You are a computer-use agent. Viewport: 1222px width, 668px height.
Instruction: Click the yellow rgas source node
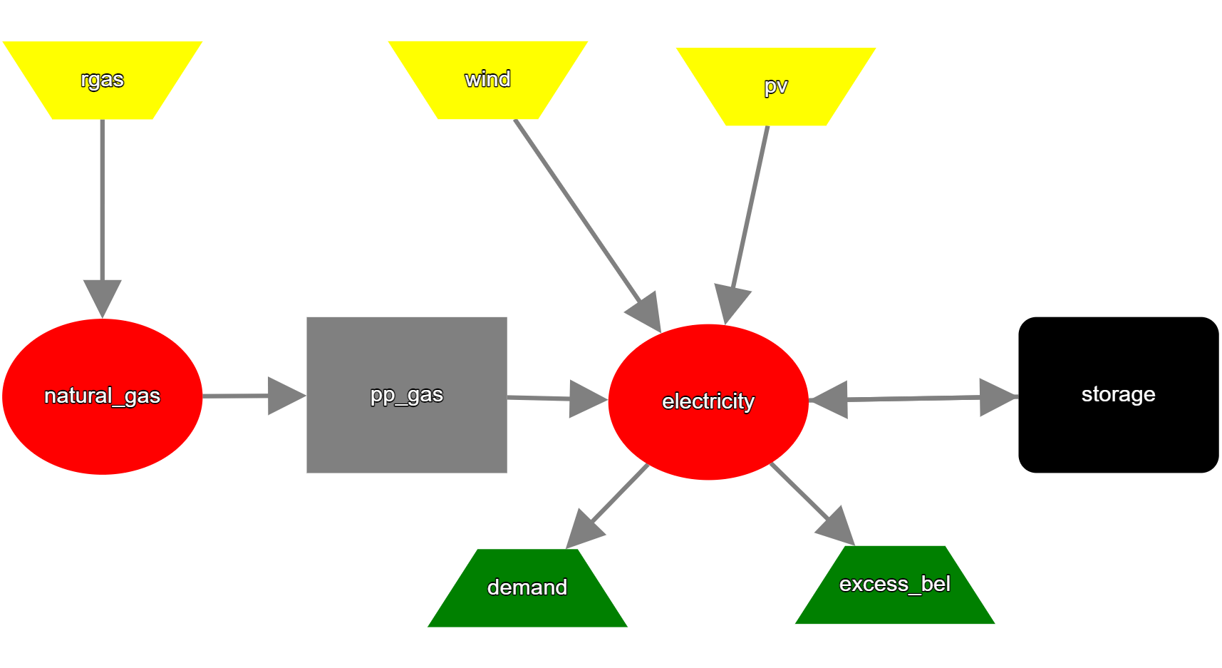[x=103, y=80]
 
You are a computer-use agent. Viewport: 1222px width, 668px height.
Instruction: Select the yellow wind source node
[x=488, y=80]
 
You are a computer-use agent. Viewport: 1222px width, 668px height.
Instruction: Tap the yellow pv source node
[x=776, y=86]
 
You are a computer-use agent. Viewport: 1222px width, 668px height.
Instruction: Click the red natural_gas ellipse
[x=103, y=396]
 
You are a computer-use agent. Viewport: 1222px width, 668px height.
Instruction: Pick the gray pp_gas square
[x=407, y=395]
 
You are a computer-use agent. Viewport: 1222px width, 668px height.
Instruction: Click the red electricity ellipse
[x=708, y=402]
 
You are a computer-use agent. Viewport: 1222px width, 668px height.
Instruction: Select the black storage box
[x=1119, y=395]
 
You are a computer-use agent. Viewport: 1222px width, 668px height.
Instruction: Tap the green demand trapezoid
[x=527, y=588]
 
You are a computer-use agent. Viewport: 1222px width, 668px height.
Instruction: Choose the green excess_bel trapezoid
[x=895, y=585]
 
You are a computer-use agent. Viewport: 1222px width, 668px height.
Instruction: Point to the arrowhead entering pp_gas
[x=287, y=396]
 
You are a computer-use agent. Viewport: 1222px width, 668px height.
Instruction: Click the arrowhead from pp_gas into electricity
[x=589, y=399]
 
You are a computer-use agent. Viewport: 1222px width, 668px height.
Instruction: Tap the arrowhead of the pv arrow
[x=731, y=304]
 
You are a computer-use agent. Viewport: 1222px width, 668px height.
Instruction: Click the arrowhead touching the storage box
[x=999, y=397]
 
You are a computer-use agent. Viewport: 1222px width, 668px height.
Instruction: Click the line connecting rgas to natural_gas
[x=103, y=200]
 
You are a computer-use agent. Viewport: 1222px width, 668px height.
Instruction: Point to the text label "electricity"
[x=708, y=402]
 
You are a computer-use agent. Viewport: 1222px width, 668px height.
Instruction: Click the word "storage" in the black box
[x=1119, y=394]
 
